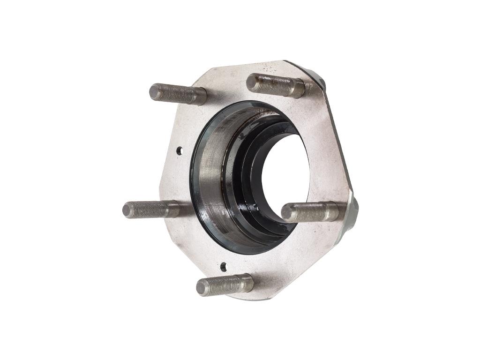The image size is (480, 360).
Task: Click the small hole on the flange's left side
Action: point(180,150)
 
